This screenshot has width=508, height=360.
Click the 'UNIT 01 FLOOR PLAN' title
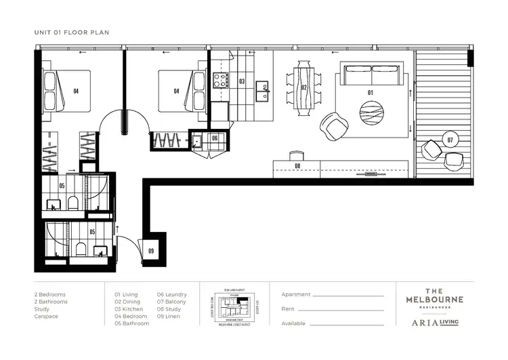[71, 32]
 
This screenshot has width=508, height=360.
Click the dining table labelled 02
[304, 89]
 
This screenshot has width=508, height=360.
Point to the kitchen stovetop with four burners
[221, 81]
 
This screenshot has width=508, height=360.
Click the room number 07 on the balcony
[450, 140]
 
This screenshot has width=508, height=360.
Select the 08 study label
[297, 165]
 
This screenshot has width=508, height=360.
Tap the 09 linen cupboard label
[150, 251]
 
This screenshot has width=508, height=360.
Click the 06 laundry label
[214, 138]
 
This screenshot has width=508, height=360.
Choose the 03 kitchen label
[241, 81]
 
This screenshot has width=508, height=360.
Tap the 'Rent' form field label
[289, 309]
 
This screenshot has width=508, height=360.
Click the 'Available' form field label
[293, 323]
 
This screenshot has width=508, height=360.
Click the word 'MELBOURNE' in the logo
[435, 300]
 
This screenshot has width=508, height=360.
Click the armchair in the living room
[333, 124]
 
